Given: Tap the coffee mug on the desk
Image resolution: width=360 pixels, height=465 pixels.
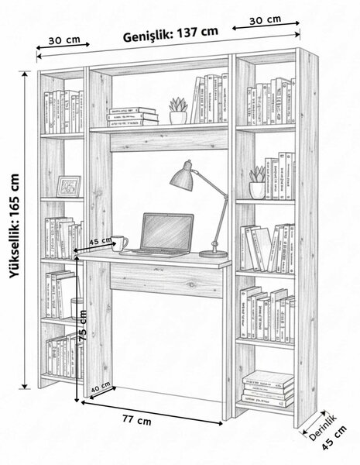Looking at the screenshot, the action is [119, 243].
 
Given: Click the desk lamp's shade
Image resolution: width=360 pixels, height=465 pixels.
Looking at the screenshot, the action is [182, 176].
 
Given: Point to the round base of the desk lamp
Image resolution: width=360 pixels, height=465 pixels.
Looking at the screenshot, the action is [213, 254].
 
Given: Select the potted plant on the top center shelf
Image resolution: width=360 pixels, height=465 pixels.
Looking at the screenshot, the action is [178, 110].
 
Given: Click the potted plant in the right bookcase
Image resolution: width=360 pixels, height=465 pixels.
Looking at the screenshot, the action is [257, 182].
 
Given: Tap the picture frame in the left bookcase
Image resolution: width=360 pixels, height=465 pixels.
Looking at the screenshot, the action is [69, 187].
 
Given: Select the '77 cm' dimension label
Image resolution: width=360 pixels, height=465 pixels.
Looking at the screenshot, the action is [137, 420].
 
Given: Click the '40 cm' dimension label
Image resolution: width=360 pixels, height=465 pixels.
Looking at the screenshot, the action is [101, 387].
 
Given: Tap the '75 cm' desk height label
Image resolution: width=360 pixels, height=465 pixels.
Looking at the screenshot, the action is [83, 325].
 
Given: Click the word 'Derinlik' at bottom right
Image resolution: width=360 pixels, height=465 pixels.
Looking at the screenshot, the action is [323, 428].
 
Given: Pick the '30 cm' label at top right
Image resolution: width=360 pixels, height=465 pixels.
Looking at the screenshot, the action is [265, 20].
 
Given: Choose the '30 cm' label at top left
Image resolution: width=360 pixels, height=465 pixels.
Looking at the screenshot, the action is [64, 40].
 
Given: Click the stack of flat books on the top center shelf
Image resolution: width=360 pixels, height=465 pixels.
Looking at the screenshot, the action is [132, 117].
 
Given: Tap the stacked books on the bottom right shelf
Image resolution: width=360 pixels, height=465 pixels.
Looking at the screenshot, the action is [268, 388].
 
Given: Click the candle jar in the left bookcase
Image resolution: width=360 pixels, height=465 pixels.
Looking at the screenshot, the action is [77, 308].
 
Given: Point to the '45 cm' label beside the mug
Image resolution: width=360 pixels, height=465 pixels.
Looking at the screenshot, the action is [101, 240].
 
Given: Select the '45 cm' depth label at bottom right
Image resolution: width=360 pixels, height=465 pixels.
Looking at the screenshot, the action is [334, 438].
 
